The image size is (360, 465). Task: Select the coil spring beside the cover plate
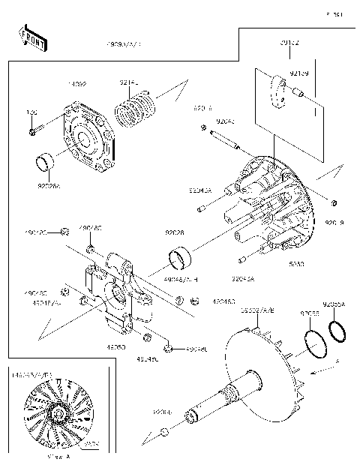tap(137, 106)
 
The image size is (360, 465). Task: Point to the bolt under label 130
tap(33, 133)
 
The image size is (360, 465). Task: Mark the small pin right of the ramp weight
tap(298, 94)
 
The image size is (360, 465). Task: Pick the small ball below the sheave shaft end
tap(163, 431)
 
